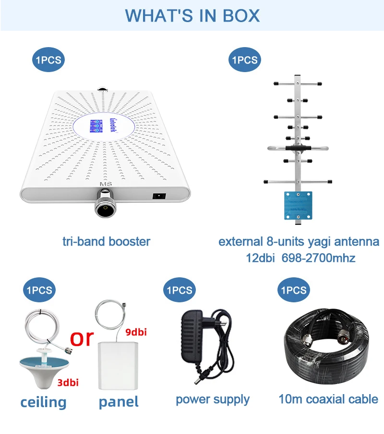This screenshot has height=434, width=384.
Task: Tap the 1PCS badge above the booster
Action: click(x=48, y=60)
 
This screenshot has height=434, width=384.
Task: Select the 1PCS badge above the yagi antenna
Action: click(x=244, y=60)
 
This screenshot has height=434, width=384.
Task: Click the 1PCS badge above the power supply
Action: click(x=179, y=290)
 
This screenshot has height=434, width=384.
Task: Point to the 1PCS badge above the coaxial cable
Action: click(x=293, y=290)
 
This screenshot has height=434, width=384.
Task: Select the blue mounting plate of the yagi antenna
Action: click(x=298, y=204)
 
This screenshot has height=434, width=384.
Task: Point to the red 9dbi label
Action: click(x=136, y=332)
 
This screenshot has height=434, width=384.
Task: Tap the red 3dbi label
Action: click(x=68, y=382)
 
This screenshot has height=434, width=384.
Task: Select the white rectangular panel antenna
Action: click(x=118, y=365)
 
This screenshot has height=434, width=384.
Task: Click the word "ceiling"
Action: click(x=43, y=401)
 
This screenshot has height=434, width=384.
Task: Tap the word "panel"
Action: click(x=119, y=401)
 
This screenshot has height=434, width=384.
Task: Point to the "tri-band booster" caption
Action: click(x=106, y=241)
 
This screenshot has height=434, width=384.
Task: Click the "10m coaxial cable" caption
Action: click(x=328, y=399)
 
